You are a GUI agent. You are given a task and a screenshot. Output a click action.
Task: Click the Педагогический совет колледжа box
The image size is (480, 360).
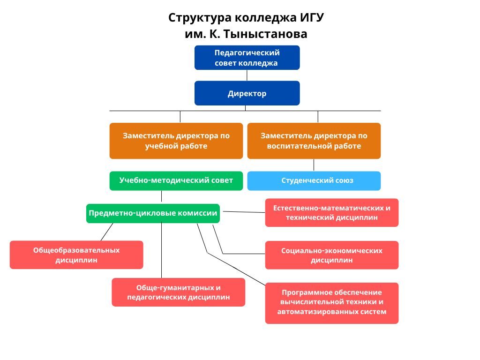tap(247, 58)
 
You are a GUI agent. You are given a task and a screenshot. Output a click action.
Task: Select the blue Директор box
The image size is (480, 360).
tap(247, 93)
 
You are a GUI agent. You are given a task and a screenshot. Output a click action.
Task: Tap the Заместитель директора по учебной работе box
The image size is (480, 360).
tap(176, 141)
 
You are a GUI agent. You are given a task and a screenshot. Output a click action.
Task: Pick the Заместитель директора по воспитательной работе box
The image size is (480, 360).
tap(314, 141)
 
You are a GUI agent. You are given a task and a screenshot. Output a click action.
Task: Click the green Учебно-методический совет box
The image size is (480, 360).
tap(176, 180)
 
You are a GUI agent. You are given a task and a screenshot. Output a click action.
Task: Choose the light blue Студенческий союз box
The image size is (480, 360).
tap(314, 180)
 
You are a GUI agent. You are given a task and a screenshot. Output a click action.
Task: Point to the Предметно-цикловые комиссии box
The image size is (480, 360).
tap(153, 213)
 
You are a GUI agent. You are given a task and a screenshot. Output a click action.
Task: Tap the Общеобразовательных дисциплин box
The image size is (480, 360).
tap(76, 255)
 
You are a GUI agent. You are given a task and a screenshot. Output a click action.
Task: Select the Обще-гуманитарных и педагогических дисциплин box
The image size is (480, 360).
tap(178, 292)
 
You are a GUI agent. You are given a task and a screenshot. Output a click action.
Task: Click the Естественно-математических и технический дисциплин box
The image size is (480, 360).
tap(331, 212)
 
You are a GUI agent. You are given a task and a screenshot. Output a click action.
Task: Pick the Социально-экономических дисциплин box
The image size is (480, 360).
tap(331, 255)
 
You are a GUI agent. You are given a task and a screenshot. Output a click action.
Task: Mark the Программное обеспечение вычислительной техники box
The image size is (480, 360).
tap(331, 303)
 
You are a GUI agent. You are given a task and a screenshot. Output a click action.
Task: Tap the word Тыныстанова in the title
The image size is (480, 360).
tap(265, 34)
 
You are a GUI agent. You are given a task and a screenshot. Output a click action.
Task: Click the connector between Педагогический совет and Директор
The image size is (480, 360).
tap(247, 75)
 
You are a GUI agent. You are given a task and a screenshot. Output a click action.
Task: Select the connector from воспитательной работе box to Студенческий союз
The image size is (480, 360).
tap(314, 165)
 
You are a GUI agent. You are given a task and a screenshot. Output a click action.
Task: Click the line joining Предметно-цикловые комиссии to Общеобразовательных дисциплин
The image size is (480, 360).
tap(107, 232)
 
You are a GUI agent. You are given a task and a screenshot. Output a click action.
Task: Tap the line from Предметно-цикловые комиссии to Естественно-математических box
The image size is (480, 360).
tap(244, 212)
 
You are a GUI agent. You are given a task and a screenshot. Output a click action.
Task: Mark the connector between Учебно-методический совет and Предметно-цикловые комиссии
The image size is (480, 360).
tap(161, 197)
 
